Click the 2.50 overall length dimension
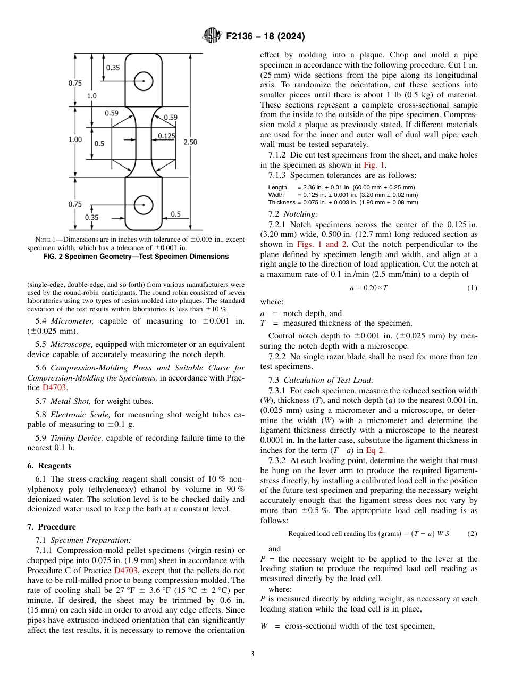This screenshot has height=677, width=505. [x=190, y=142]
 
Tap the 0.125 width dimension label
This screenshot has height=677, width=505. [x=166, y=136]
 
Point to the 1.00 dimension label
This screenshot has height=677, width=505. [x=75, y=139]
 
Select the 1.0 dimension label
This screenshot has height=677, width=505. [x=91, y=96]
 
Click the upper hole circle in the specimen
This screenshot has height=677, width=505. [x=144, y=81]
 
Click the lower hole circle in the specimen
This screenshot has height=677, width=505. [x=144, y=204]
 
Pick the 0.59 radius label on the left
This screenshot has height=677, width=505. [x=112, y=113]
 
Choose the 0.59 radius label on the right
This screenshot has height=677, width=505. [x=171, y=117]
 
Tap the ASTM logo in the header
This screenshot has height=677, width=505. [x=212, y=37]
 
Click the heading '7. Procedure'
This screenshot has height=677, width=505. [x=51, y=527]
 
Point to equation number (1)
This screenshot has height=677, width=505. [x=472, y=288]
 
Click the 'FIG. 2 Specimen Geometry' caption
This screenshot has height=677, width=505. [x=136, y=257]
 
